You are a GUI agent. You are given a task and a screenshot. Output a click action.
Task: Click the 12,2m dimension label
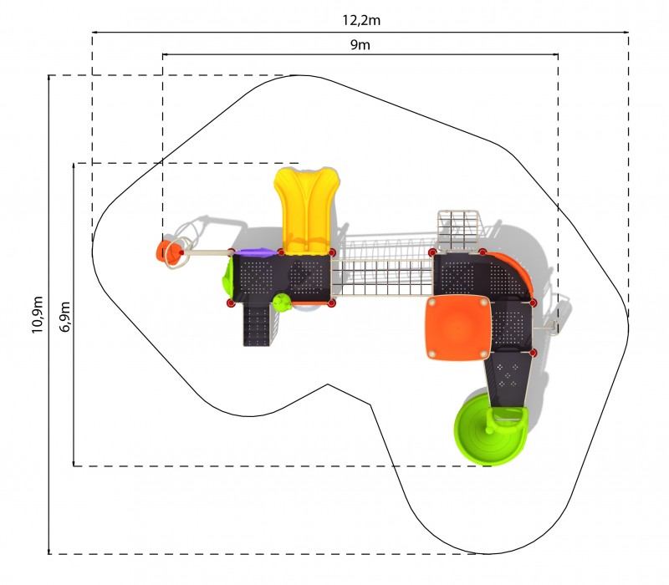click(361, 20)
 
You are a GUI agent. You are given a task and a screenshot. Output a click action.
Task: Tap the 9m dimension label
click(360, 44)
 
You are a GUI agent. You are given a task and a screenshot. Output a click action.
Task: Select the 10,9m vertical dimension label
click(37, 314)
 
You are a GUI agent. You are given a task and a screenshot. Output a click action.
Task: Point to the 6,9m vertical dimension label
click(64, 317)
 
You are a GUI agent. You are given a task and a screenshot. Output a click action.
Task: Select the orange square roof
click(457, 328)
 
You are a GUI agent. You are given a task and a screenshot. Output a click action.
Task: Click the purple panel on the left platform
click(255, 252)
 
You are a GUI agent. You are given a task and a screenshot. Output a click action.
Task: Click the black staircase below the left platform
click(258, 324)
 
